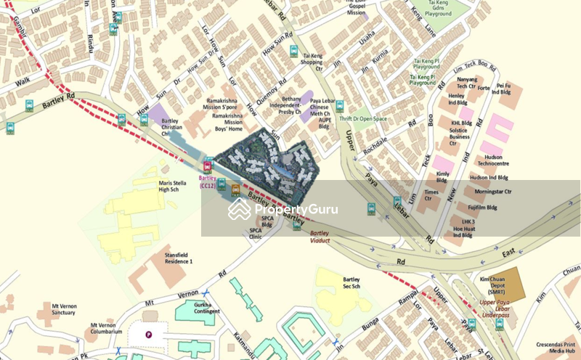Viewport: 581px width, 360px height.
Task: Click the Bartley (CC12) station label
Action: click(207, 181)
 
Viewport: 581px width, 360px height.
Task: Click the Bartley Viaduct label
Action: click(325, 237)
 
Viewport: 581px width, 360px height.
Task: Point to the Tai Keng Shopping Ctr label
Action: click(312, 59)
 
